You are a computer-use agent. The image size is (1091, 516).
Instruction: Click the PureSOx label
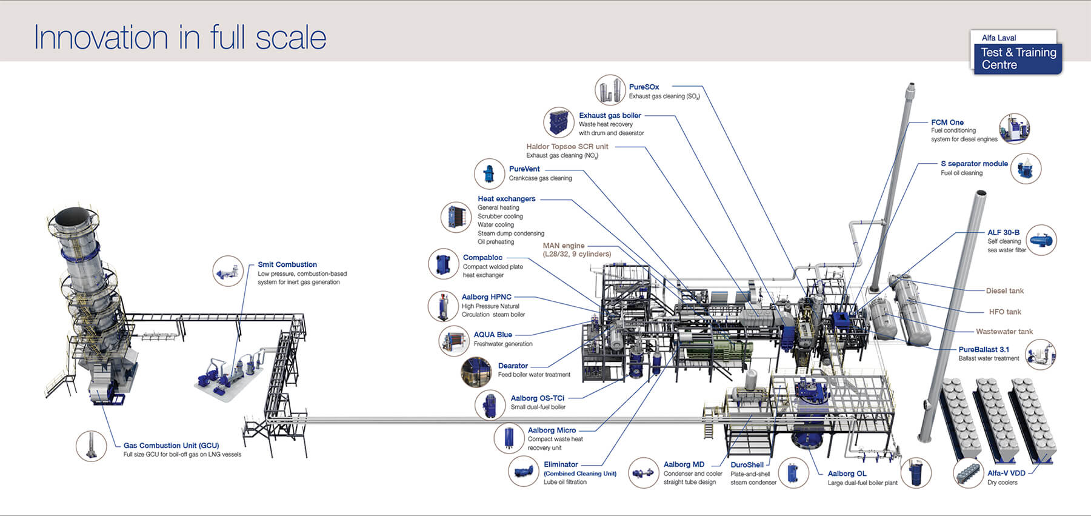point(644,87)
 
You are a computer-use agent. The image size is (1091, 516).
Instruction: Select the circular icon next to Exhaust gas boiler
point(558,122)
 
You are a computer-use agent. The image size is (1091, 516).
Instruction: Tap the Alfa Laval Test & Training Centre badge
point(1018,53)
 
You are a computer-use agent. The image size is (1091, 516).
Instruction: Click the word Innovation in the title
point(101,38)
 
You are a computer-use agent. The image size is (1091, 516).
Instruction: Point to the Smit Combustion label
point(287,264)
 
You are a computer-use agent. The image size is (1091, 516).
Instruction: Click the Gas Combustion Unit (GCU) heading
point(171,445)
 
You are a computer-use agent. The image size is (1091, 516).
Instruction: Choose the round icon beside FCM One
point(1014,129)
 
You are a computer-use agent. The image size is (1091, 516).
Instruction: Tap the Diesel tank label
point(1004,291)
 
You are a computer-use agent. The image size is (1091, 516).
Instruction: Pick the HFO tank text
point(1004,312)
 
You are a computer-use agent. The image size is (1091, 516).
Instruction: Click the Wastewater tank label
point(1004,332)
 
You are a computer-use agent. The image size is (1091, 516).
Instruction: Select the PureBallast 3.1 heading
point(983,349)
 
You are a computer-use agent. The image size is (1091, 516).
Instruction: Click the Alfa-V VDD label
point(1006,473)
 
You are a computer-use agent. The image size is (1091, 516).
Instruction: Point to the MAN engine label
point(564,246)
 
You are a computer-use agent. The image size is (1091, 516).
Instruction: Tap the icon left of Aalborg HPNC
point(443,306)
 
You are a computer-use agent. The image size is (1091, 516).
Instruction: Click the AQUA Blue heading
point(492,335)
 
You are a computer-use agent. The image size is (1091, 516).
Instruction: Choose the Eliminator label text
point(560,464)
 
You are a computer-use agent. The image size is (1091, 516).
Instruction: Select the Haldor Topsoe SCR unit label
point(567,146)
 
